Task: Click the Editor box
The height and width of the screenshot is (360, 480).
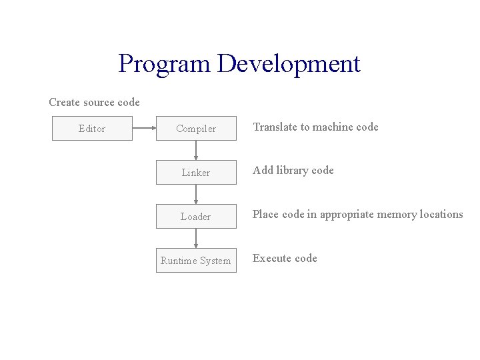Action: click(92, 129)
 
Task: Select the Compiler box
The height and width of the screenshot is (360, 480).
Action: click(196, 129)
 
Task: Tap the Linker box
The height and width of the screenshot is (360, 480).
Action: click(196, 173)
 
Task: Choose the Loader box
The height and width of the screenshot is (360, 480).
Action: click(196, 217)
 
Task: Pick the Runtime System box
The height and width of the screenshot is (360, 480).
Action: click(196, 261)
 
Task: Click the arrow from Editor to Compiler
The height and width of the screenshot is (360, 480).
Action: click(144, 129)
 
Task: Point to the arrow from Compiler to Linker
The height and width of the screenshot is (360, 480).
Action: click(196, 151)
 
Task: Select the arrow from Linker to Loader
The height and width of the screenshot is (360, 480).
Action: click(196, 195)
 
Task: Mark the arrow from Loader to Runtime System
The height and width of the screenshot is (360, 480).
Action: click(196, 239)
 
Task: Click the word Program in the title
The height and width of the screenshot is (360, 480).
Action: click(165, 64)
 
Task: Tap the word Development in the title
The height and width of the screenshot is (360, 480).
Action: click(289, 64)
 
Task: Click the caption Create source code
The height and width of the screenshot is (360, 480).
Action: click(94, 103)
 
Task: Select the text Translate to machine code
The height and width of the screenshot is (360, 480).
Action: click(315, 127)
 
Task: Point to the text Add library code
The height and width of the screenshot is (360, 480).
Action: click(293, 171)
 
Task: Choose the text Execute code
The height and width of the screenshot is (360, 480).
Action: click(285, 259)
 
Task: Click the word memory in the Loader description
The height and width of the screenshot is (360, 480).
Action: click(396, 215)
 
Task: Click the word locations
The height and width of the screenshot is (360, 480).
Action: click(440, 215)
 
